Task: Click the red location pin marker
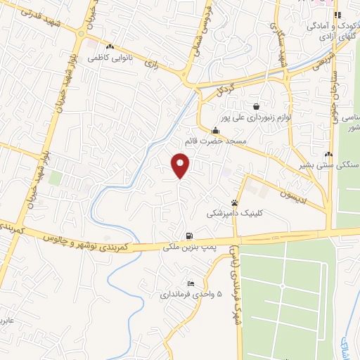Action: point(181,166)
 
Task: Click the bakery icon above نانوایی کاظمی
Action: point(110,48)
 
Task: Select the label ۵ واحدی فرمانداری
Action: point(189,294)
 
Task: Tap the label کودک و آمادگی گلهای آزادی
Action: point(330,29)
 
